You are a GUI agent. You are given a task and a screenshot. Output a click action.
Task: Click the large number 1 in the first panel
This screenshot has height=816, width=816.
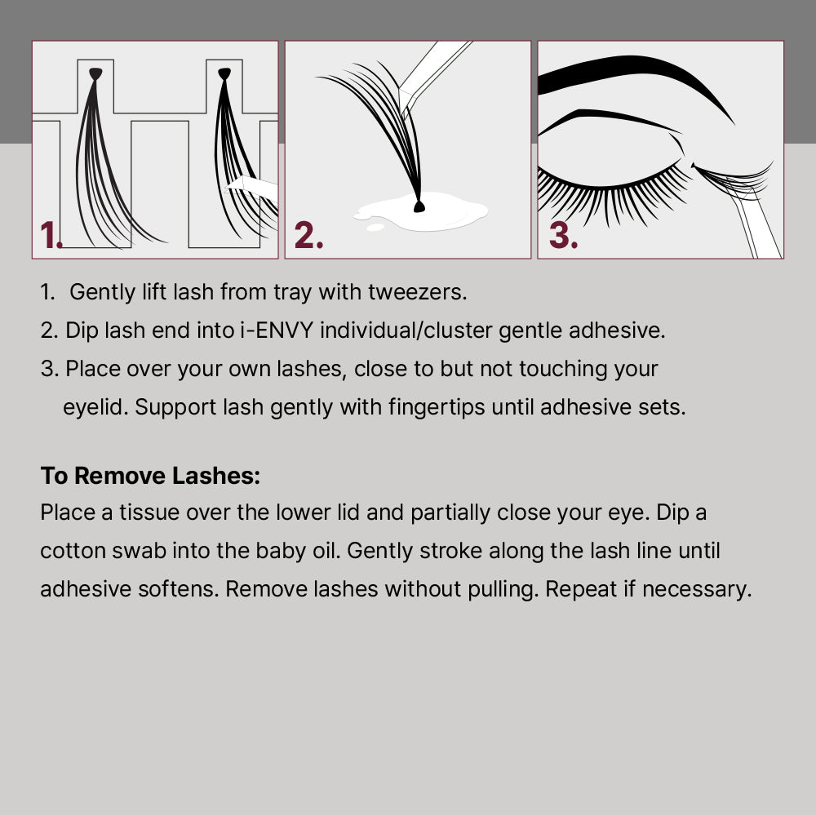pos(50,236)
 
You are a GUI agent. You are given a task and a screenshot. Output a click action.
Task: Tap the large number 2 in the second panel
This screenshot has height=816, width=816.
pos(308,235)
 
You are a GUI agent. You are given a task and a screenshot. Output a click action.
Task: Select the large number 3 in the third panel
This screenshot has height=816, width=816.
pos(562,235)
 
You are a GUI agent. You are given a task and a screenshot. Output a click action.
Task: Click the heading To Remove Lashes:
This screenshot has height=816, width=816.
pos(150,476)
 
